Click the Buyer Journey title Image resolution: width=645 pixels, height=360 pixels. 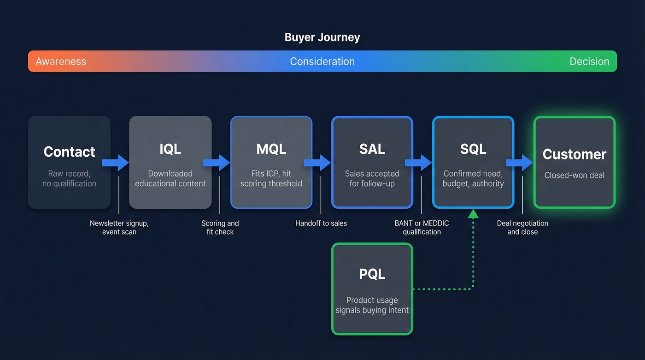[x=322, y=37]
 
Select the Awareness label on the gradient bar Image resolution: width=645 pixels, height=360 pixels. [x=61, y=61]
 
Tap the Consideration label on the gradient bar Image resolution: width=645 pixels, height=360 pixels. [x=322, y=61]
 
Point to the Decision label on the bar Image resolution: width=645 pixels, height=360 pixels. [x=589, y=61]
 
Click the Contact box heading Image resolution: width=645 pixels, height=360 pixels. [x=69, y=152]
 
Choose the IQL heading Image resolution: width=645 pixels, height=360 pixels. [x=170, y=149]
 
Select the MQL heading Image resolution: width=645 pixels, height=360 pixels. [x=271, y=149]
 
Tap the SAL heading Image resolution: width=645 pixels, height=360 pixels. [x=372, y=149]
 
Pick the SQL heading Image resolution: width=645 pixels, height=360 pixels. [x=473, y=149]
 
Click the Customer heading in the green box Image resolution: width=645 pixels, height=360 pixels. [x=574, y=154]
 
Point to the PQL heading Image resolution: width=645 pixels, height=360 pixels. [x=372, y=274]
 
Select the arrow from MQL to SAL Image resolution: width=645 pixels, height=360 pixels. [x=317, y=163]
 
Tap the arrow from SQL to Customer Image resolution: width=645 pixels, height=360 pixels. [x=519, y=163]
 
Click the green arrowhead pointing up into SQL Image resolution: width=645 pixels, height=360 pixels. [x=473, y=214]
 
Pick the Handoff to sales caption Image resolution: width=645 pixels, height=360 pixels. [x=321, y=223]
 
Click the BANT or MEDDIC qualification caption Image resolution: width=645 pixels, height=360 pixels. [x=422, y=227]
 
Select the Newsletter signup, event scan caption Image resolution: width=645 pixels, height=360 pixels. [x=119, y=227]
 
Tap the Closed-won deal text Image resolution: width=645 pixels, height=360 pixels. [x=574, y=175]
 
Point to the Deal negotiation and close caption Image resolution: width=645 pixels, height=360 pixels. [x=522, y=227]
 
